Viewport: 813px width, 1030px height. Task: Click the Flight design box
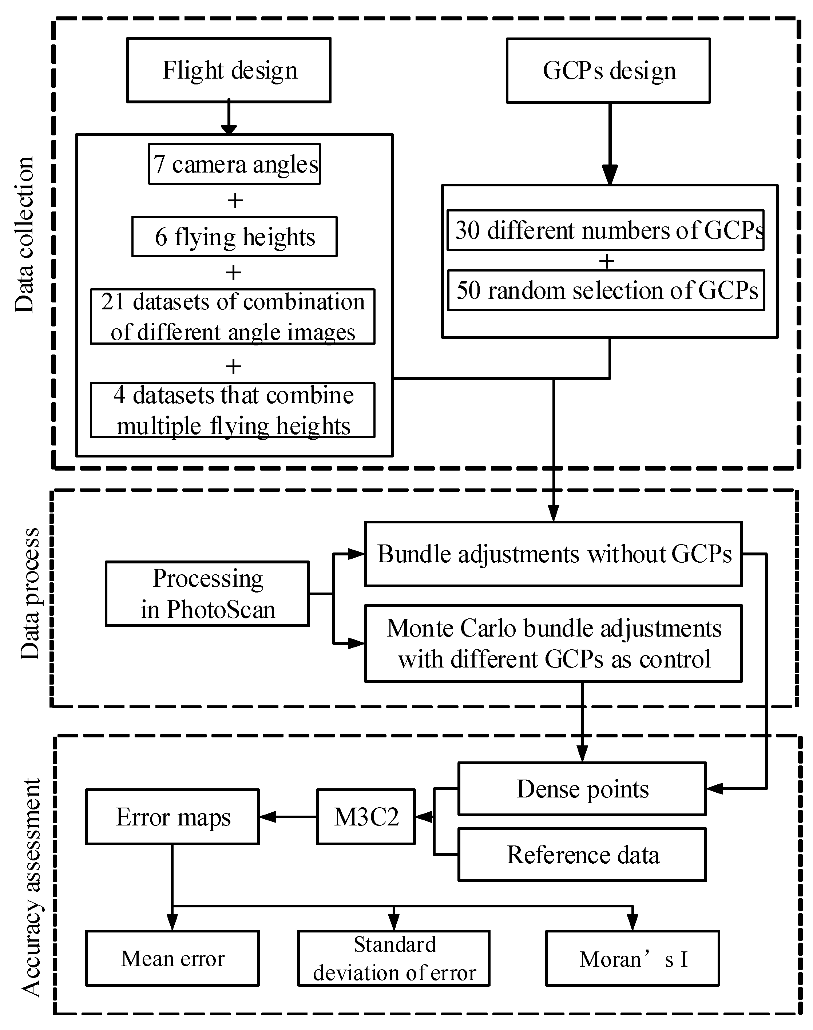(x=229, y=70)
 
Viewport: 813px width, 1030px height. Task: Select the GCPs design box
(x=608, y=71)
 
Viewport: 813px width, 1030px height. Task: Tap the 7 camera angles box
(x=234, y=164)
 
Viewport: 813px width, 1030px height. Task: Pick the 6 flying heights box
(x=234, y=237)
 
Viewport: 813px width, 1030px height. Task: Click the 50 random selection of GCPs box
(x=606, y=290)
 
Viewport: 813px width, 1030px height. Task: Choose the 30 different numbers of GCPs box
(x=606, y=230)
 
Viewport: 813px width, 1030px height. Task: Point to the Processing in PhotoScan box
(x=207, y=594)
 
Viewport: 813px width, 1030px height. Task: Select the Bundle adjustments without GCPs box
(x=553, y=554)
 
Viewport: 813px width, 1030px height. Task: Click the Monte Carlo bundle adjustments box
(x=553, y=643)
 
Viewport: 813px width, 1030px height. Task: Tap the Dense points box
(x=582, y=789)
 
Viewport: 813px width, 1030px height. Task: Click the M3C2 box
(x=366, y=817)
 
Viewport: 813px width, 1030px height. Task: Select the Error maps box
(x=172, y=817)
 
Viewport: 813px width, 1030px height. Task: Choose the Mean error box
(x=172, y=958)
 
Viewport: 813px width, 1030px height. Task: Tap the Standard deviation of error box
(x=394, y=958)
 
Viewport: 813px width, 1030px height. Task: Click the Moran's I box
(x=632, y=958)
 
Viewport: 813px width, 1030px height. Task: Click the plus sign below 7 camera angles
(x=235, y=201)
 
